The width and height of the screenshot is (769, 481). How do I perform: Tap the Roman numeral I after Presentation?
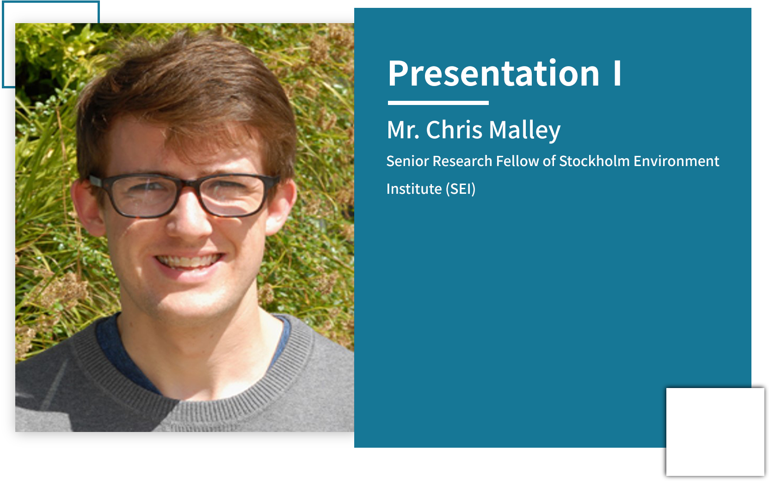(x=617, y=73)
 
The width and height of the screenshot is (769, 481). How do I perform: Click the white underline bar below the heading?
(x=438, y=103)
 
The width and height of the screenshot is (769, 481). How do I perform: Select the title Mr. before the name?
(x=403, y=130)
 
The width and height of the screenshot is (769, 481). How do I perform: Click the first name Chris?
(x=454, y=130)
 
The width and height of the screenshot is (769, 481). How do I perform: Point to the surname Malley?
(x=524, y=131)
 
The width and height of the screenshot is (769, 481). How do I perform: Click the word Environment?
(x=677, y=161)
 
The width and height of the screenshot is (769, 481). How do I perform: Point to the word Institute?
(x=414, y=189)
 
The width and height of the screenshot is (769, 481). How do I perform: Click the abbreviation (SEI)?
(x=461, y=189)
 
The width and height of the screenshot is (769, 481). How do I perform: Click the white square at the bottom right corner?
(x=715, y=432)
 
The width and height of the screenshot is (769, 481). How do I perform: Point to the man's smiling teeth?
(x=189, y=261)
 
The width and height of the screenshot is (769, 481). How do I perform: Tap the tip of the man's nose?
(x=188, y=228)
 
